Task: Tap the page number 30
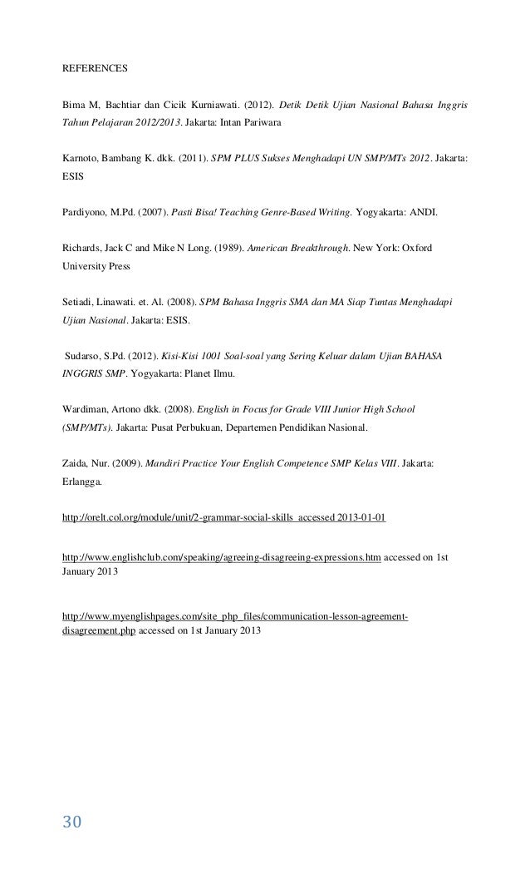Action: pyautogui.click(x=72, y=822)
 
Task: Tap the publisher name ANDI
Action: pyautogui.click(x=421, y=212)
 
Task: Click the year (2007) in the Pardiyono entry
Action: pyautogui.click(x=155, y=212)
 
